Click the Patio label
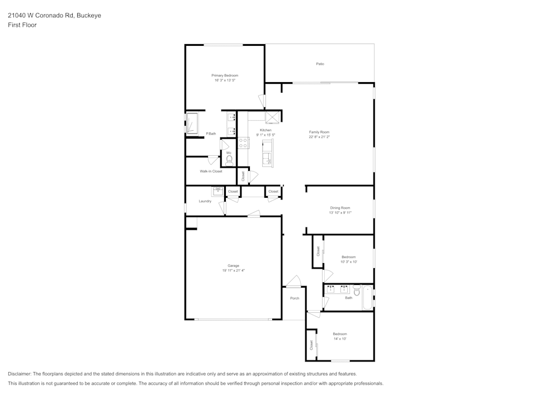point(320,64)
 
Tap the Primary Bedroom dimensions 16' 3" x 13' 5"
point(225,80)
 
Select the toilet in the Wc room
point(229,159)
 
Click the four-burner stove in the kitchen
point(243,143)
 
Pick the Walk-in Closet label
point(211,172)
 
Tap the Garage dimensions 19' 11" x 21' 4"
point(233,270)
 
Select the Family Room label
point(319,132)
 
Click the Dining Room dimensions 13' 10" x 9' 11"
point(340,213)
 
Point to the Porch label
point(295,298)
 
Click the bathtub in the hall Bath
point(367,298)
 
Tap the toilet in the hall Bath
point(357,291)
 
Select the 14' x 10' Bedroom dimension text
point(340,339)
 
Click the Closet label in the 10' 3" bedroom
point(318,251)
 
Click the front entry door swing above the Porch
point(293,281)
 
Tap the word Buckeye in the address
point(89,16)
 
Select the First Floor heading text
point(22,25)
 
